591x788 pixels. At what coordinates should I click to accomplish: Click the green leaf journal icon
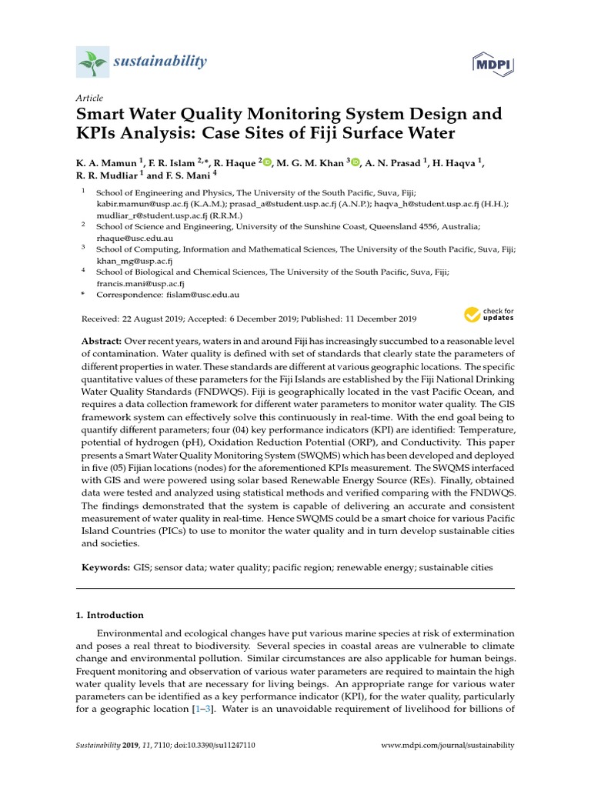point(92,62)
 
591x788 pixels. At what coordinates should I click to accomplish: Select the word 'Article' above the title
point(89,98)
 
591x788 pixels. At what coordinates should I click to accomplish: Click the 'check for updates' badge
point(489,315)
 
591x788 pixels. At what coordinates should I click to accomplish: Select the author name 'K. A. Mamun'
point(106,162)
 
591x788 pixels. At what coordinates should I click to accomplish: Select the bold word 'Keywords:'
point(106,567)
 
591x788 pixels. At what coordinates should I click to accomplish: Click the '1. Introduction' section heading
point(110,615)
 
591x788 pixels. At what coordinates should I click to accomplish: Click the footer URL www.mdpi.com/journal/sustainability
point(448,746)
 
